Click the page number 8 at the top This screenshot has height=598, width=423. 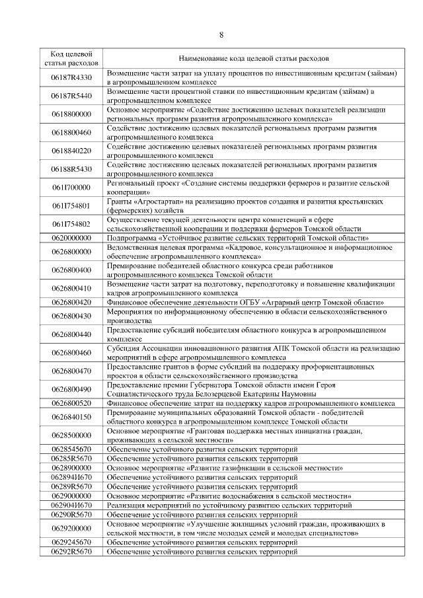tap(221, 35)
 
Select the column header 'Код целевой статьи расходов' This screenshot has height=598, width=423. tap(71, 58)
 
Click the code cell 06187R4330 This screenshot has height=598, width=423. tap(71, 77)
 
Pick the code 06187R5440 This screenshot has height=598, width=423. tap(71, 95)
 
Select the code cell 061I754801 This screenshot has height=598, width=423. tap(71, 206)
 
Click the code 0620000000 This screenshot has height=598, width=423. tap(71, 237)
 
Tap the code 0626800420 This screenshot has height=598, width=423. tap(71, 302)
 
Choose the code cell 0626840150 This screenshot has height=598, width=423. tap(71, 417)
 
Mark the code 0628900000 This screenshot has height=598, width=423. tap(71, 467)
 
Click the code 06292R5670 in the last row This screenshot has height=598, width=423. tap(71, 550)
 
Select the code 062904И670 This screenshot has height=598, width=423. tap(71, 505)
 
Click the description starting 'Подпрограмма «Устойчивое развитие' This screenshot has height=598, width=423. tap(238, 237)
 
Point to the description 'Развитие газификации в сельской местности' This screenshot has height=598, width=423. tap(225, 467)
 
